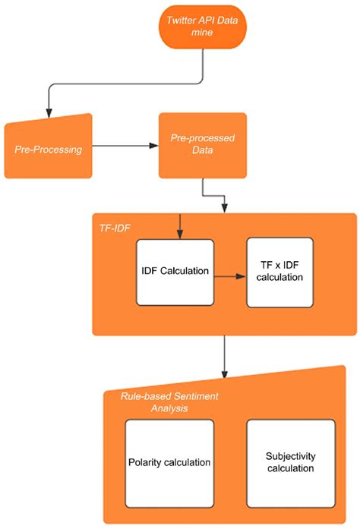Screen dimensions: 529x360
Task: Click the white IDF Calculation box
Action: point(175,271)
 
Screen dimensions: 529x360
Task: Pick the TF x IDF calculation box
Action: point(279,272)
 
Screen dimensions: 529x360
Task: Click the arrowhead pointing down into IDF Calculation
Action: point(178,233)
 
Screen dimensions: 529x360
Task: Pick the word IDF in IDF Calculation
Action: point(150,271)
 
